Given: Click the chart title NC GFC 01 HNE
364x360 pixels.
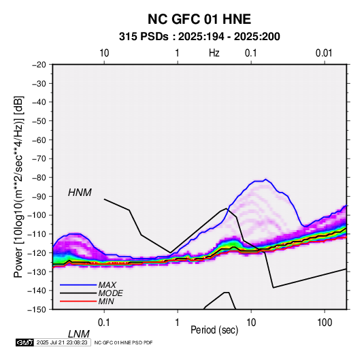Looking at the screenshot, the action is tap(199, 19).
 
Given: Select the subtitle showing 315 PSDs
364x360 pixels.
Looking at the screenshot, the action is tap(199, 37).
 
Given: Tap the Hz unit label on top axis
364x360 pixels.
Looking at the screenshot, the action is tap(214, 53).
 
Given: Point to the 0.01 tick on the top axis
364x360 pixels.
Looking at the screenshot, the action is tap(324, 53).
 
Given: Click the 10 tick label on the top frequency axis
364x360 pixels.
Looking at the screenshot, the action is tap(104, 53).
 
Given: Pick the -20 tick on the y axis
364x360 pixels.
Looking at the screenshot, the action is tap(39, 65).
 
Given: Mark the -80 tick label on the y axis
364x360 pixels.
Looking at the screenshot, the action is tap(39, 178).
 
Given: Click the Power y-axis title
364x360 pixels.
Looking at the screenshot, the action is tap(18, 187).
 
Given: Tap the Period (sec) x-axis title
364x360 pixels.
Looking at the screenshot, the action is tap(214, 330).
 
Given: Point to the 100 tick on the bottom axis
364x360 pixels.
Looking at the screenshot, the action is tap(325, 323).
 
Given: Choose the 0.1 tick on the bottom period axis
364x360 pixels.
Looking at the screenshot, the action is tap(103, 323).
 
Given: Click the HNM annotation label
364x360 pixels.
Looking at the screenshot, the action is tap(80, 193).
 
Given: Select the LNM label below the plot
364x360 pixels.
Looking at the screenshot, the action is tap(78, 334).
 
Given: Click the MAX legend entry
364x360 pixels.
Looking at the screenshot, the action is tap(107, 285).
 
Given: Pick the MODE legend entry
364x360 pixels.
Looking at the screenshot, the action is tap(110, 293).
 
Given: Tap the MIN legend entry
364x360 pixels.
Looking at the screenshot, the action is tap(106, 301).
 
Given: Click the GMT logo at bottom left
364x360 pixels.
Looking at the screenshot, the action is tap(25, 342).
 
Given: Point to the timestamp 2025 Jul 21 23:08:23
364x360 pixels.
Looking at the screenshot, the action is tap(62, 342).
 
